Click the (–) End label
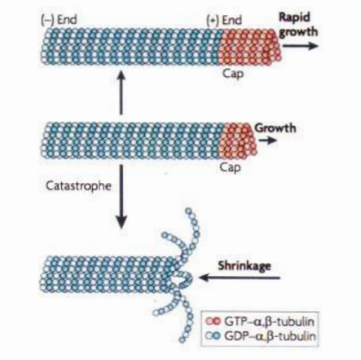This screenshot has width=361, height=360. pos(58,20)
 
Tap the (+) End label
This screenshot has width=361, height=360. pos(224,20)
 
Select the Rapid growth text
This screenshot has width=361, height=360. pos(298,24)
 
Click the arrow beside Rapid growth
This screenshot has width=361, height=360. pos(300,46)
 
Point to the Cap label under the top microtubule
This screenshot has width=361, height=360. pos(233,73)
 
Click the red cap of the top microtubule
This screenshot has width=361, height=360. pos(250,46)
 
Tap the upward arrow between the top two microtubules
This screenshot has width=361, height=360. pos(121,92)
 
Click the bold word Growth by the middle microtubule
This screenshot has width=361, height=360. pos(275,128)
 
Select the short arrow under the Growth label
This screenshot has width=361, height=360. pos(268,141)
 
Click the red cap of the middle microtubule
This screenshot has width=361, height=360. pos(238,140)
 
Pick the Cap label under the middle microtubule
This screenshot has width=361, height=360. pos(230,167)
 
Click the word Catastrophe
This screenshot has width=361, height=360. pos(79,186)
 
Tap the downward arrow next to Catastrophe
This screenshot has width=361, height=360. pos(121,196)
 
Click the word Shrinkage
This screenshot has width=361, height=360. pos(244,265)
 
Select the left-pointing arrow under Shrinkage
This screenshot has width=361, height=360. pos(239,278)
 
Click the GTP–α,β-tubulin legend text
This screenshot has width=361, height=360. pos(269,321)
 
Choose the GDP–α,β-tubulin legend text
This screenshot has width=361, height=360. pos(270,336)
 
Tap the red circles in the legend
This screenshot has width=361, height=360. pos(213,321)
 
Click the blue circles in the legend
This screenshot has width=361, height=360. pos(213,336)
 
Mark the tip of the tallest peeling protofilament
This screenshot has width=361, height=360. pos(188,211)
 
